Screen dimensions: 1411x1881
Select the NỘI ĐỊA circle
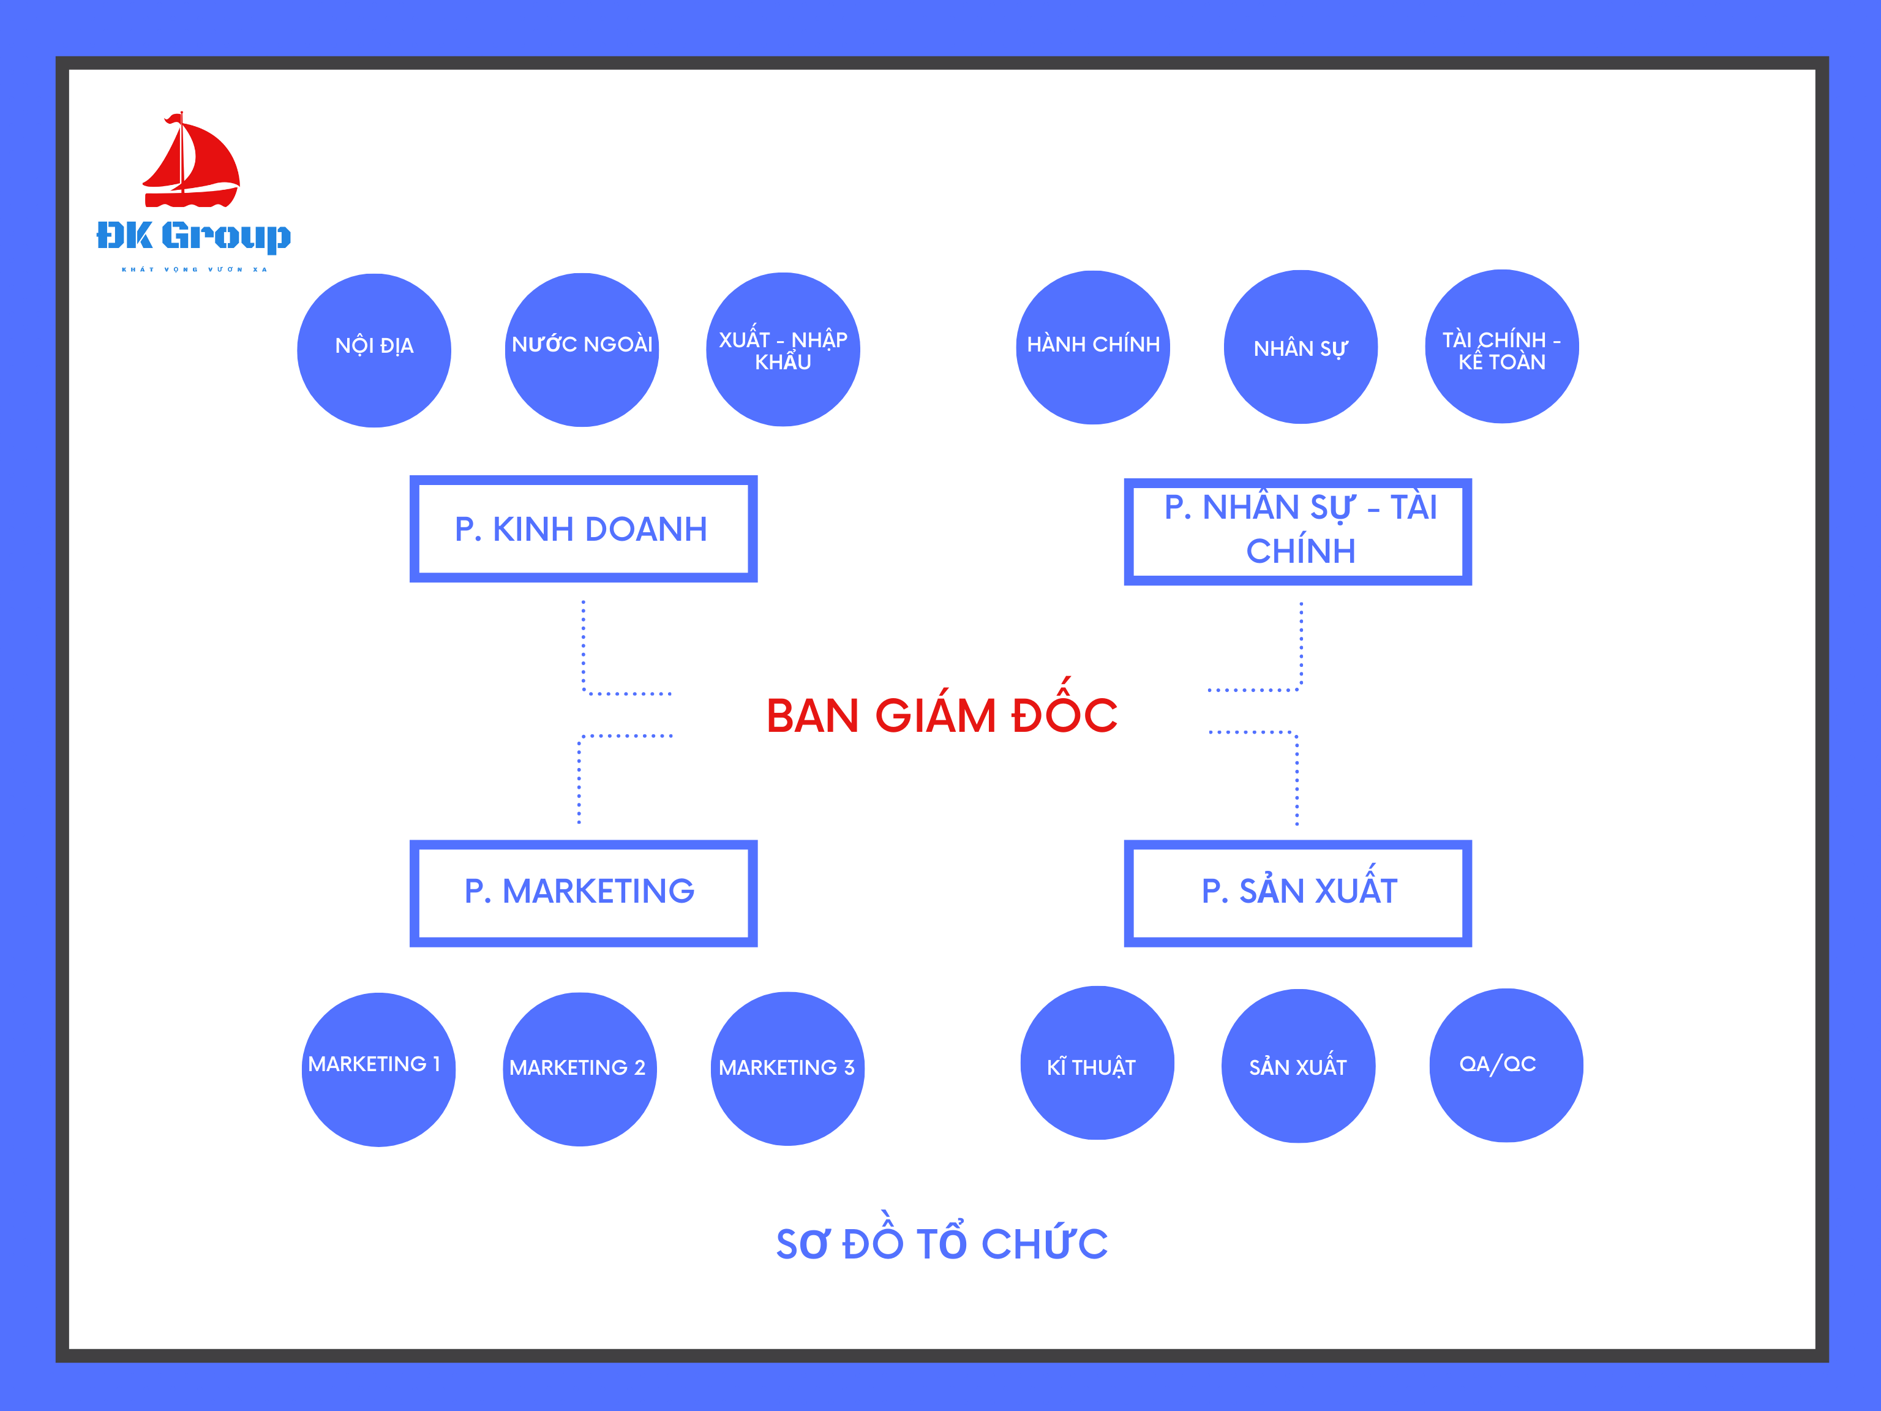[x=374, y=350]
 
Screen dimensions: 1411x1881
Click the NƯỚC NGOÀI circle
[x=582, y=350]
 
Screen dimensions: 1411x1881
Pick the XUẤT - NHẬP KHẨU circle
[x=783, y=350]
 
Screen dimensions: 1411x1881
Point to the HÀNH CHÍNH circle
[x=1093, y=347]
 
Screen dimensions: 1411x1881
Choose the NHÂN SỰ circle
[x=1300, y=347]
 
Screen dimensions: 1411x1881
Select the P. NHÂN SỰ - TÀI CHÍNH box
[x=1297, y=532]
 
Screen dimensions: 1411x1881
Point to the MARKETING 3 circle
[x=787, y=1068]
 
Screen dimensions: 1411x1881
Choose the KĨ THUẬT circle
[x=1097, y=1063]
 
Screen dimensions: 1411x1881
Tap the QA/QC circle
[x=1506, y=1065]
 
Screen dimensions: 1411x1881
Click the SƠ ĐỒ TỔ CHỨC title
[x=941, y=1243]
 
